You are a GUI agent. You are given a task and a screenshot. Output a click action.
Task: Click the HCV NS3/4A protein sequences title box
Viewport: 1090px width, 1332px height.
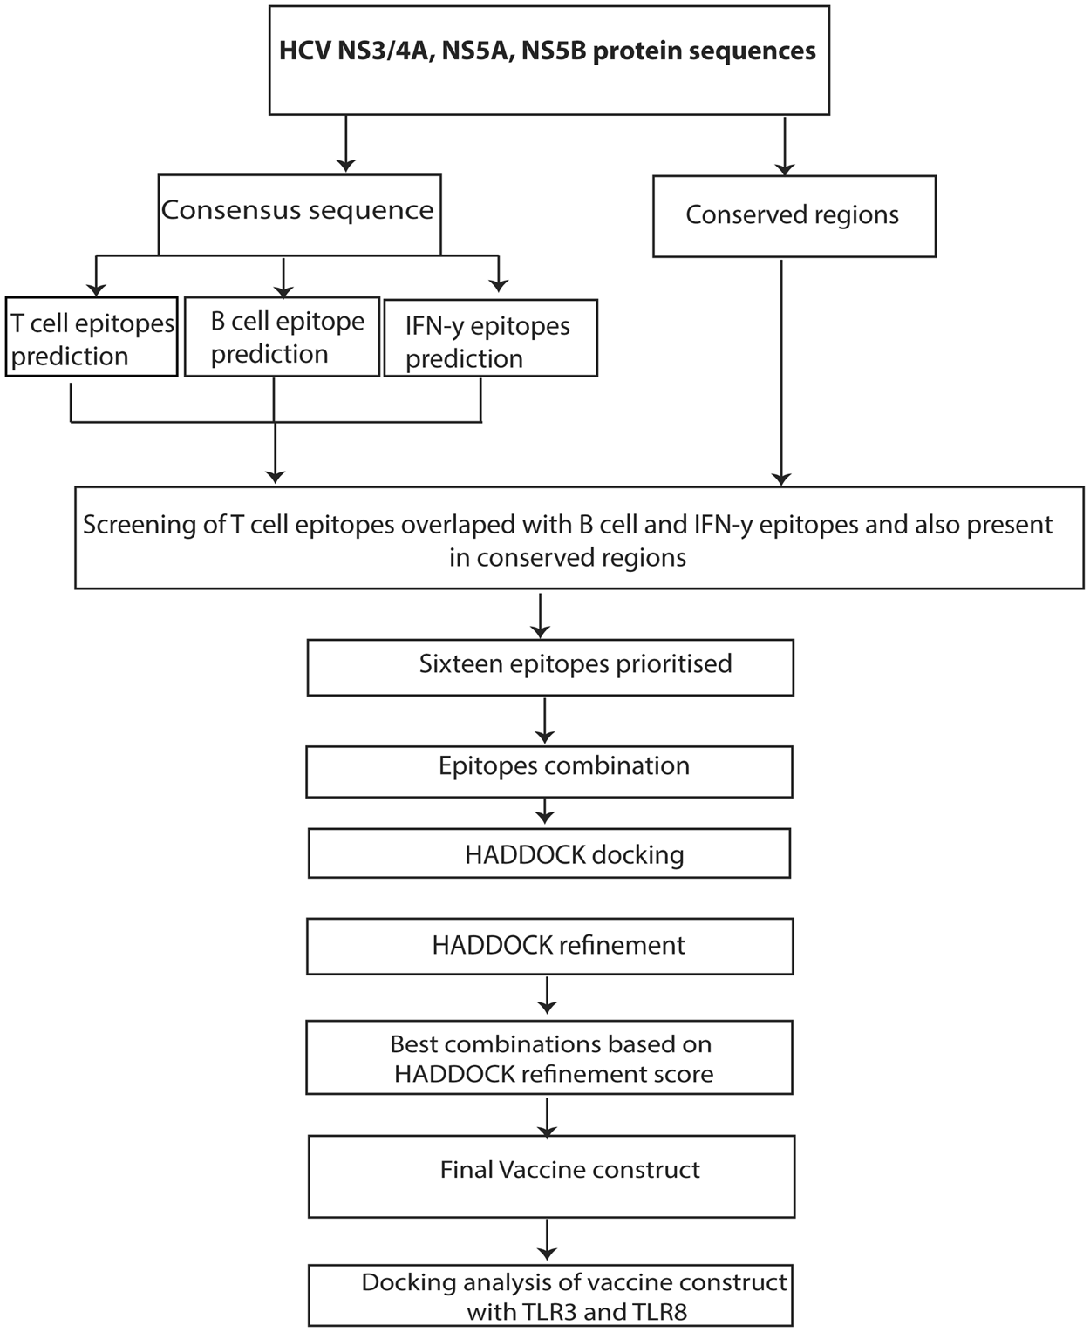[548, 59]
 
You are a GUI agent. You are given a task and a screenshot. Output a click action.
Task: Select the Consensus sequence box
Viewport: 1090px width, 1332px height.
[299, 214]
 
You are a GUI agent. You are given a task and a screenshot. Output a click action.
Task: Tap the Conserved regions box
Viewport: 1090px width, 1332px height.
[794, 215]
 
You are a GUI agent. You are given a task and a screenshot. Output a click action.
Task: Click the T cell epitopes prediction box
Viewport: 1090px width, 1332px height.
[92, 338]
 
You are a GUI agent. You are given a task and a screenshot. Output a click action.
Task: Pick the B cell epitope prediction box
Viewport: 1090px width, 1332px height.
[283, 337]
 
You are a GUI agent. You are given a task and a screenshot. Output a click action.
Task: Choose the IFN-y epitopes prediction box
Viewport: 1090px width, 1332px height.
[490, 340]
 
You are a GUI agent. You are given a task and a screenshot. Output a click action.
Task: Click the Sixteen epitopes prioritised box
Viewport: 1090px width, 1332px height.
[550, 668]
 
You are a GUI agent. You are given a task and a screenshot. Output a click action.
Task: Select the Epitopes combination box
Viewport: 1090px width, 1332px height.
[549, 771]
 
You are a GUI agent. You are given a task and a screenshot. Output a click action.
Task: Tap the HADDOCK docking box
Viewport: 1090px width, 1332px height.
[549, 853]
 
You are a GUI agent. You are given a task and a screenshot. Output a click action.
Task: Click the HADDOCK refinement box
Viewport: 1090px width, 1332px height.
[549, 946]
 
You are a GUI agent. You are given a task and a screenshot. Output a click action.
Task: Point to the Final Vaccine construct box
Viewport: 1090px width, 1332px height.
[551, 1176]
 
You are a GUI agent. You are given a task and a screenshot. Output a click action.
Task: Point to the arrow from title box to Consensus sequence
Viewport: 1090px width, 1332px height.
[346, 143]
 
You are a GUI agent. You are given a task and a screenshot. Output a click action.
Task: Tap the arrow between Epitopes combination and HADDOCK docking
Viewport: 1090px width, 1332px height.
[544, 812]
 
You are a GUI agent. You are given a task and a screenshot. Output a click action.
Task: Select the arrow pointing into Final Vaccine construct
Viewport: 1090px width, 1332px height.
[547, 1116]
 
